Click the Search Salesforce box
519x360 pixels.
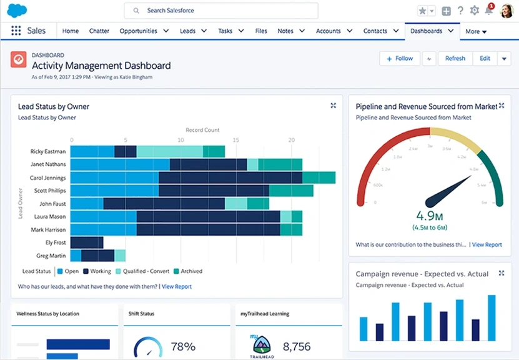pos(221,11)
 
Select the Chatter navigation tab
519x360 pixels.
pos(99,31)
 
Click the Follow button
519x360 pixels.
pos(399,59)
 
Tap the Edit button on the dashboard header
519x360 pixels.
pos(485,59)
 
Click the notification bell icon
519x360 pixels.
pos(488,11)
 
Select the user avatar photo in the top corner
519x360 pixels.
pos(506,11)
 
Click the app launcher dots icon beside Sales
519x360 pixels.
pos(16,31)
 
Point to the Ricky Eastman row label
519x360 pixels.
pos(49,151)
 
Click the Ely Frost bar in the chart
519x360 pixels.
pos(87,242)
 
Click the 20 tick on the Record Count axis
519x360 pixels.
pos(291,140)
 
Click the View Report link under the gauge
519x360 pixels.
pos(487,244)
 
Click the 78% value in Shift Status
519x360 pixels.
pos(183,346)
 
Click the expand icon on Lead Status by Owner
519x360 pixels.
pos(334,106)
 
